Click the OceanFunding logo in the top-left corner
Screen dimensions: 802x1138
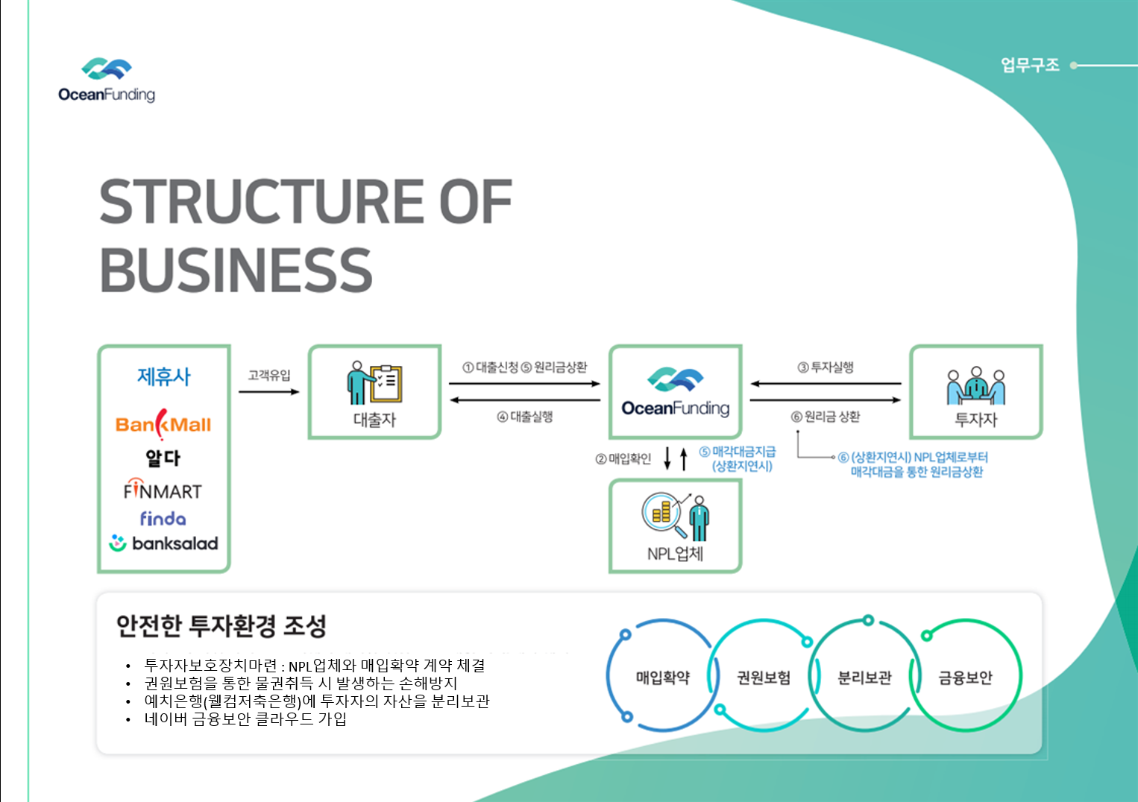pos(107,80)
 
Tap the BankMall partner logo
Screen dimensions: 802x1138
pos(163,424)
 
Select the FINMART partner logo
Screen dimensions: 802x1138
pos(163,490)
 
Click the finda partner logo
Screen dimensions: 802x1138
pos(163,518)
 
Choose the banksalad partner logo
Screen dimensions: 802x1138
pos(164,543)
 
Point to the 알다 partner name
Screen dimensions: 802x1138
pos(163,458)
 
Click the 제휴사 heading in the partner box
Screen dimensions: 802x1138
pos(163,376)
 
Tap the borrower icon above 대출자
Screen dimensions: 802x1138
pos(374,382)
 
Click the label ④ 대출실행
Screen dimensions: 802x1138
pos(525,417)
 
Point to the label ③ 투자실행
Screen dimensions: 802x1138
pos(826,367)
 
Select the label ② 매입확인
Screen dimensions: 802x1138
pos(623,458)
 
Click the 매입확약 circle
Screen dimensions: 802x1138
pos(662,678)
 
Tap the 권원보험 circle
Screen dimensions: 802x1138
pos(763,678)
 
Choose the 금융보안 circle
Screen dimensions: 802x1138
pos(965,678)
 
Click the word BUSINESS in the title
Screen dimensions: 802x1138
pos(236,270)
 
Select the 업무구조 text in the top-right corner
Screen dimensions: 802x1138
pos(1030,65)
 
